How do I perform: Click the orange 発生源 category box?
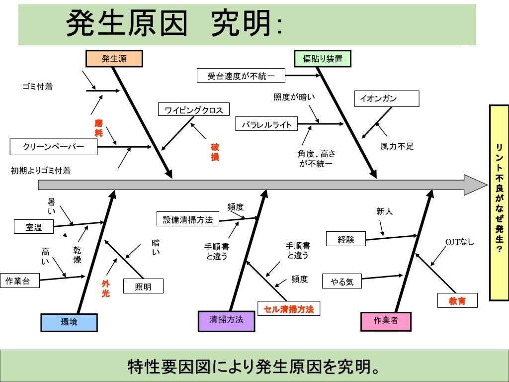(114, 59)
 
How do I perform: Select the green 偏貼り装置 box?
(323, 59)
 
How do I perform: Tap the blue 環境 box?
(69, 322)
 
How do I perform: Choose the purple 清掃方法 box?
(226, 320)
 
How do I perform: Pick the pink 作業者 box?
(386, 321)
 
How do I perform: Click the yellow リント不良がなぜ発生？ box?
(499, 202)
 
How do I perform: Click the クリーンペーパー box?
(54, 147)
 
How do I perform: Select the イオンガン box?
(386, 98)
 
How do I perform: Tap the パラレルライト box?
(267, 124)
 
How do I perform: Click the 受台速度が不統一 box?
(241, 76)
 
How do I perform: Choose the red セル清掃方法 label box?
(289, 309)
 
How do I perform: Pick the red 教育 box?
(457, 300)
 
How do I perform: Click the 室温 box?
(34, 227)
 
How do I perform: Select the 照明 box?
(143, 286)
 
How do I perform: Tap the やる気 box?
(342, 282)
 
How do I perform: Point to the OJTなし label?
(459, 242)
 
